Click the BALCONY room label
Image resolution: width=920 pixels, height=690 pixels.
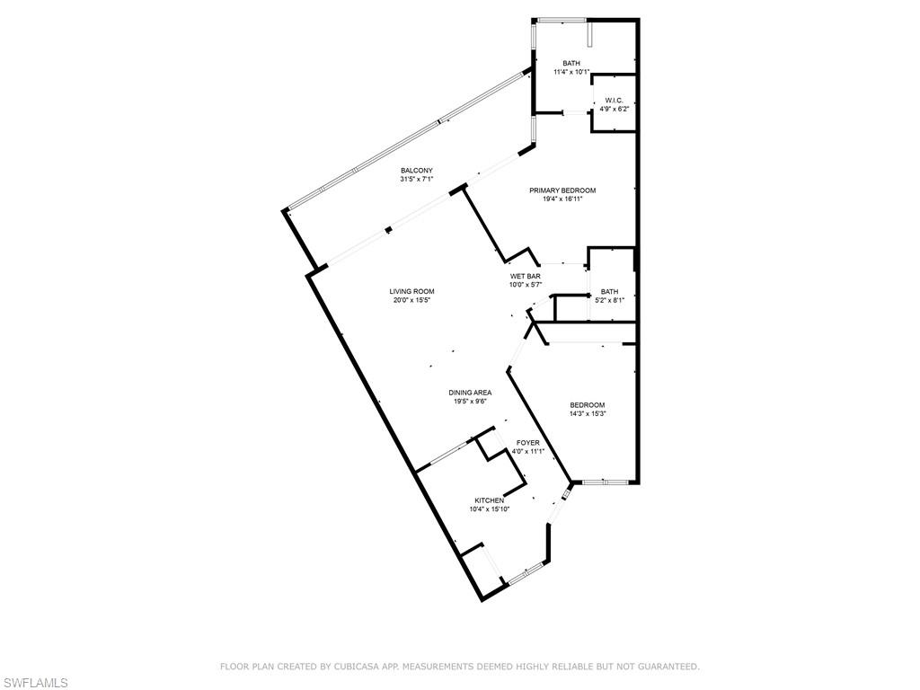pos(417,171)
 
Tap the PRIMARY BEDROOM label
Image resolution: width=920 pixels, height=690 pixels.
pos(562,190)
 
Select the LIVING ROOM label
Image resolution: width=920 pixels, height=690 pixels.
pos(411,292)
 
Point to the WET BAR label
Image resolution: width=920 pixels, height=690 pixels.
pos(525,277)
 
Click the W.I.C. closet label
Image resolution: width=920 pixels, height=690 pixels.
pos(611,101)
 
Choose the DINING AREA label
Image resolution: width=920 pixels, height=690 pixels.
pos(470,394)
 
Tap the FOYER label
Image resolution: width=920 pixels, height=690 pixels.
pos(528,443)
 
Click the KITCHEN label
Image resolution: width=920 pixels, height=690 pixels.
pos(490,500)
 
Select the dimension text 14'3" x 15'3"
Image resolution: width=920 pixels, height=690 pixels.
pos(588,413)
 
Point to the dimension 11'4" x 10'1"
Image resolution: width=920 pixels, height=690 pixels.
pos(571,72)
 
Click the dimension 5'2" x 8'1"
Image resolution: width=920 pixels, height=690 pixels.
pos(610,300)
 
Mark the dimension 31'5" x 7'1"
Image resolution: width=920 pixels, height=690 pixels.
pos(417,180)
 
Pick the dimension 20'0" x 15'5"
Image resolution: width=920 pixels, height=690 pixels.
pos(411,300)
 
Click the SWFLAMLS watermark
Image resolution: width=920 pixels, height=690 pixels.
pos(34,683)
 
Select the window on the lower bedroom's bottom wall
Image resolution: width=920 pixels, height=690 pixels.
pos(606,482)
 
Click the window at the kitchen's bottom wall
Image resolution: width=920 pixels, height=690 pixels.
pos(526,573)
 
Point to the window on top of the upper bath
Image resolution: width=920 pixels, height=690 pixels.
pos(562,22)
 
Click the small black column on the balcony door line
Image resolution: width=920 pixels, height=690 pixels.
pos(388,231)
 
